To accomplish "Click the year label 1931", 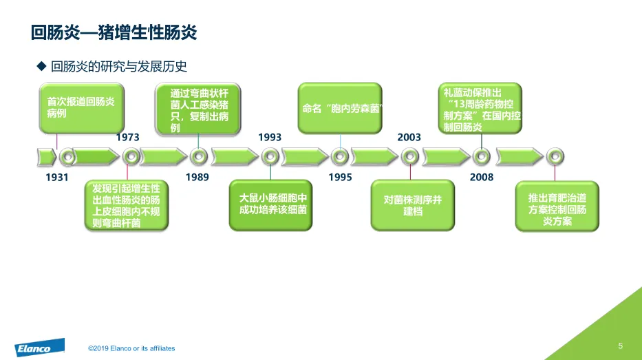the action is (x=57, y=178).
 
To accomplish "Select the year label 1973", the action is (x=128, y=137).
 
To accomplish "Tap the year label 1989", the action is (x=197, y=178).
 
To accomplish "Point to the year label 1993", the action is (x=270, y=137).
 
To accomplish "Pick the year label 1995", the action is (x=340, y=178).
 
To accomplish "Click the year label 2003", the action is (x=409, y=137).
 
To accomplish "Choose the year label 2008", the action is (x=482, y=178).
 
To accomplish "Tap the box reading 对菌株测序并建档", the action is (x=412, y=205).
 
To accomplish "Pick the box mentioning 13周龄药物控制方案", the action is (x=481, y=109).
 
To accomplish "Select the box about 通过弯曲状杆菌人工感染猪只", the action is (x=200, y=109).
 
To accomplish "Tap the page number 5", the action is (x=621, y=346).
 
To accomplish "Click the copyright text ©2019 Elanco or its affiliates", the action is (x=131, y=348).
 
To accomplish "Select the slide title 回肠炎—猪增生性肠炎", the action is (x=114, y=32).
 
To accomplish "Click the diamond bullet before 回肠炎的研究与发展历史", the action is (x=40, y=66).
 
